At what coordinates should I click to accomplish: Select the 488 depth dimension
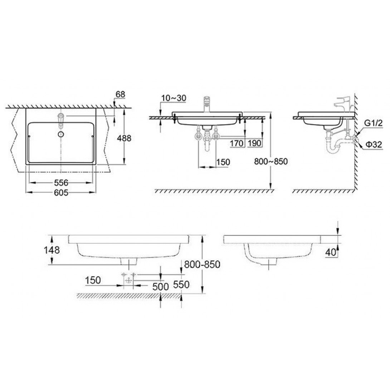132,138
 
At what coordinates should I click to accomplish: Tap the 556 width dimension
61,182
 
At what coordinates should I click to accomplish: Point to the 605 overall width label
61,192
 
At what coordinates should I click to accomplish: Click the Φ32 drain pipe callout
374,145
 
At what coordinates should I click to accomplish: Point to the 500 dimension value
160,287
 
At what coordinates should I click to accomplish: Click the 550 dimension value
181,284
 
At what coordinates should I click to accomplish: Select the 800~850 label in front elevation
271,162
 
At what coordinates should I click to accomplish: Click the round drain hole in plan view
61,134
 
